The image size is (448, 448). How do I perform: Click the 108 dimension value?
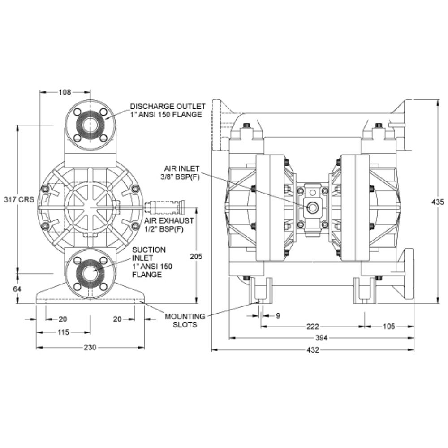tap(65, 92)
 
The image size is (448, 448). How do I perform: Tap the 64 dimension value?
tap(17, 289)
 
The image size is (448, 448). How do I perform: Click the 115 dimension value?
tap(63, 332)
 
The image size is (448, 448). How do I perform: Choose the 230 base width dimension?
tap(90, 348)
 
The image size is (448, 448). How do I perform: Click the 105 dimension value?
tap(388, 327)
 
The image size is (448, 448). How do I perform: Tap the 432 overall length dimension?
tap(313, 350)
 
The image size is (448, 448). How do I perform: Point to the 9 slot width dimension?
tap(278, 316)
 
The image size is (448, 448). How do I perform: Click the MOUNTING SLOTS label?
tap(185, 320)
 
